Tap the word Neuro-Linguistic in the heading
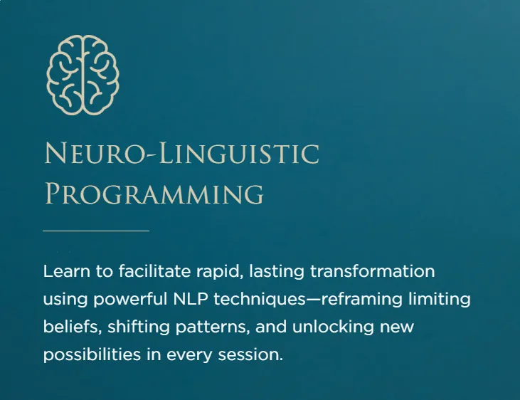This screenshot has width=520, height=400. tap(182, 153)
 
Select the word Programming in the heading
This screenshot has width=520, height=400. tap(154, 194)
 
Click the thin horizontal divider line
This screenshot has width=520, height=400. tap(96, 231)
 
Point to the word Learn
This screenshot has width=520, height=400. tap(67, 271)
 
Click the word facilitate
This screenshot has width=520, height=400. tap(154, 271)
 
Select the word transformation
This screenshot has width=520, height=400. tap(373, 271)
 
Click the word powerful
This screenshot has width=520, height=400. tap(130, 300)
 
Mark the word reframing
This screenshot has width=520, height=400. tap(362, 300)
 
